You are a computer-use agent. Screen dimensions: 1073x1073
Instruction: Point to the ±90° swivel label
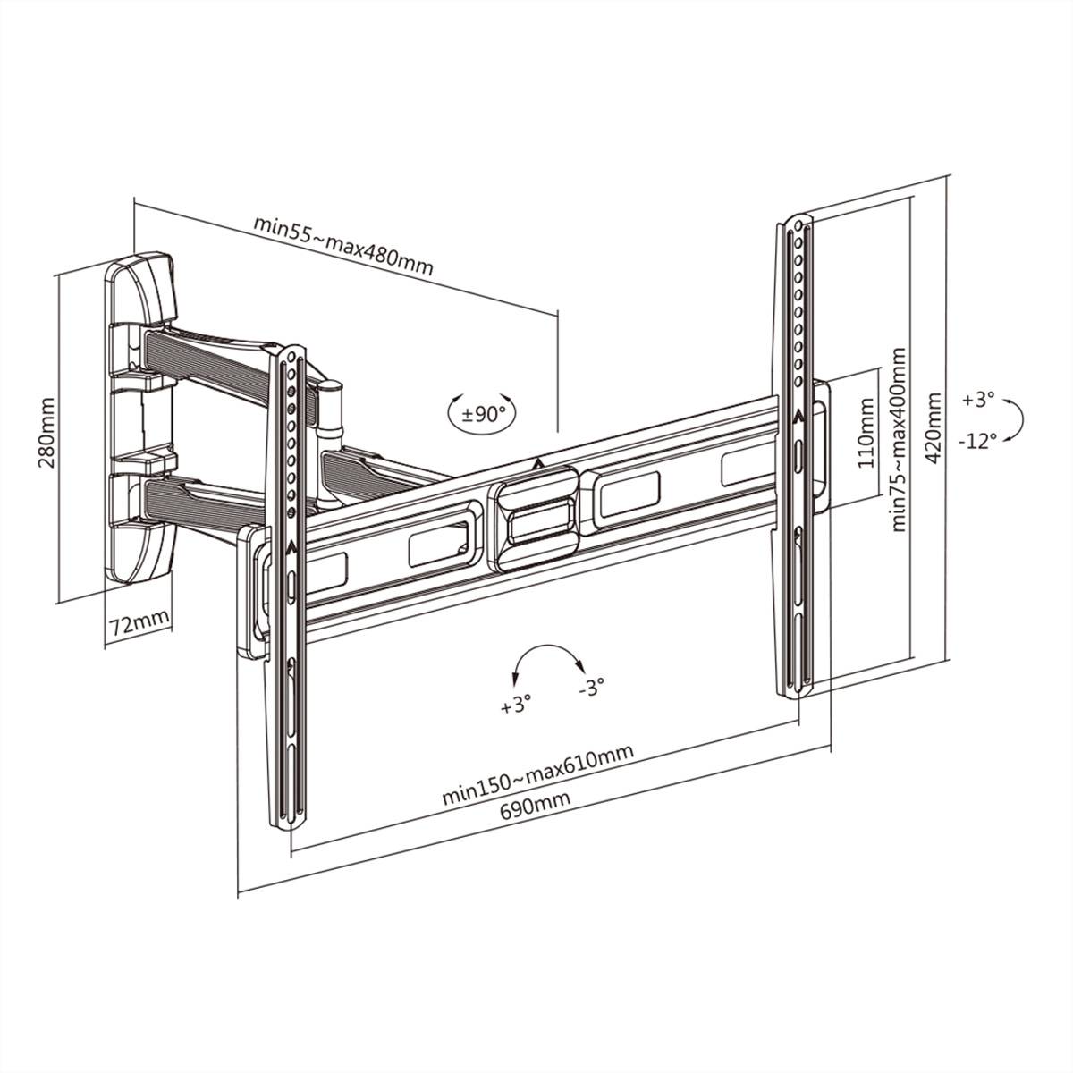point(484,414)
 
